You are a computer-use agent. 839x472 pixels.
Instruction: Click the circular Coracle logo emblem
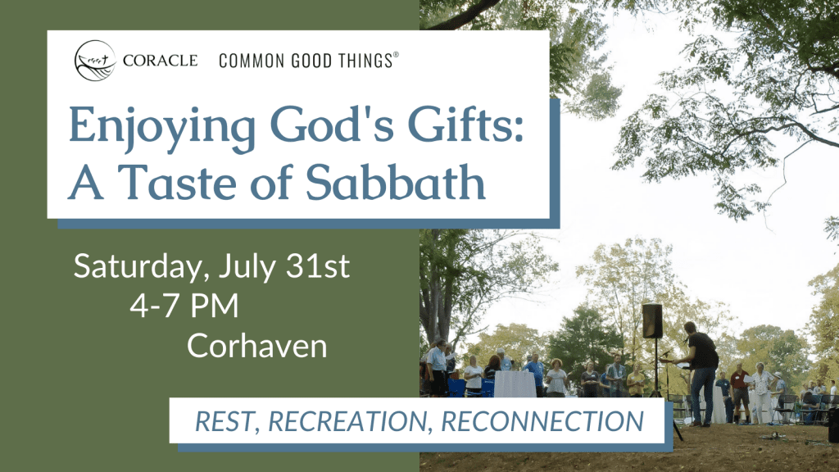[95, 61]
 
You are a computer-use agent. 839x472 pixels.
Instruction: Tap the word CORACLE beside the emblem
[160, 61]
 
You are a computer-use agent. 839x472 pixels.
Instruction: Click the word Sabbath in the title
[396, 181]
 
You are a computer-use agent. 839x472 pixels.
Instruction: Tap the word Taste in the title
[177, 182]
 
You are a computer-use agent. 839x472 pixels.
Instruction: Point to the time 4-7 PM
[184, 306]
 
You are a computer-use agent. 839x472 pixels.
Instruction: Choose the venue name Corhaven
[256, 346]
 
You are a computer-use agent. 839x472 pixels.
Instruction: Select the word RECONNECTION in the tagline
[542, 421]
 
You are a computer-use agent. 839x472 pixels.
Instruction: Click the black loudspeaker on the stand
[652, 320]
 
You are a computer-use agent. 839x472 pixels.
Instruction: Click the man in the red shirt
[740, 393]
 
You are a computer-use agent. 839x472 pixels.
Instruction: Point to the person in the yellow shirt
[636, 380]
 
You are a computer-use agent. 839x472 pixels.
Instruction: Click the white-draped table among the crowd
[515, 383]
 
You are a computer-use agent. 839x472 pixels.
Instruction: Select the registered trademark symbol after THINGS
[396, 55]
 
